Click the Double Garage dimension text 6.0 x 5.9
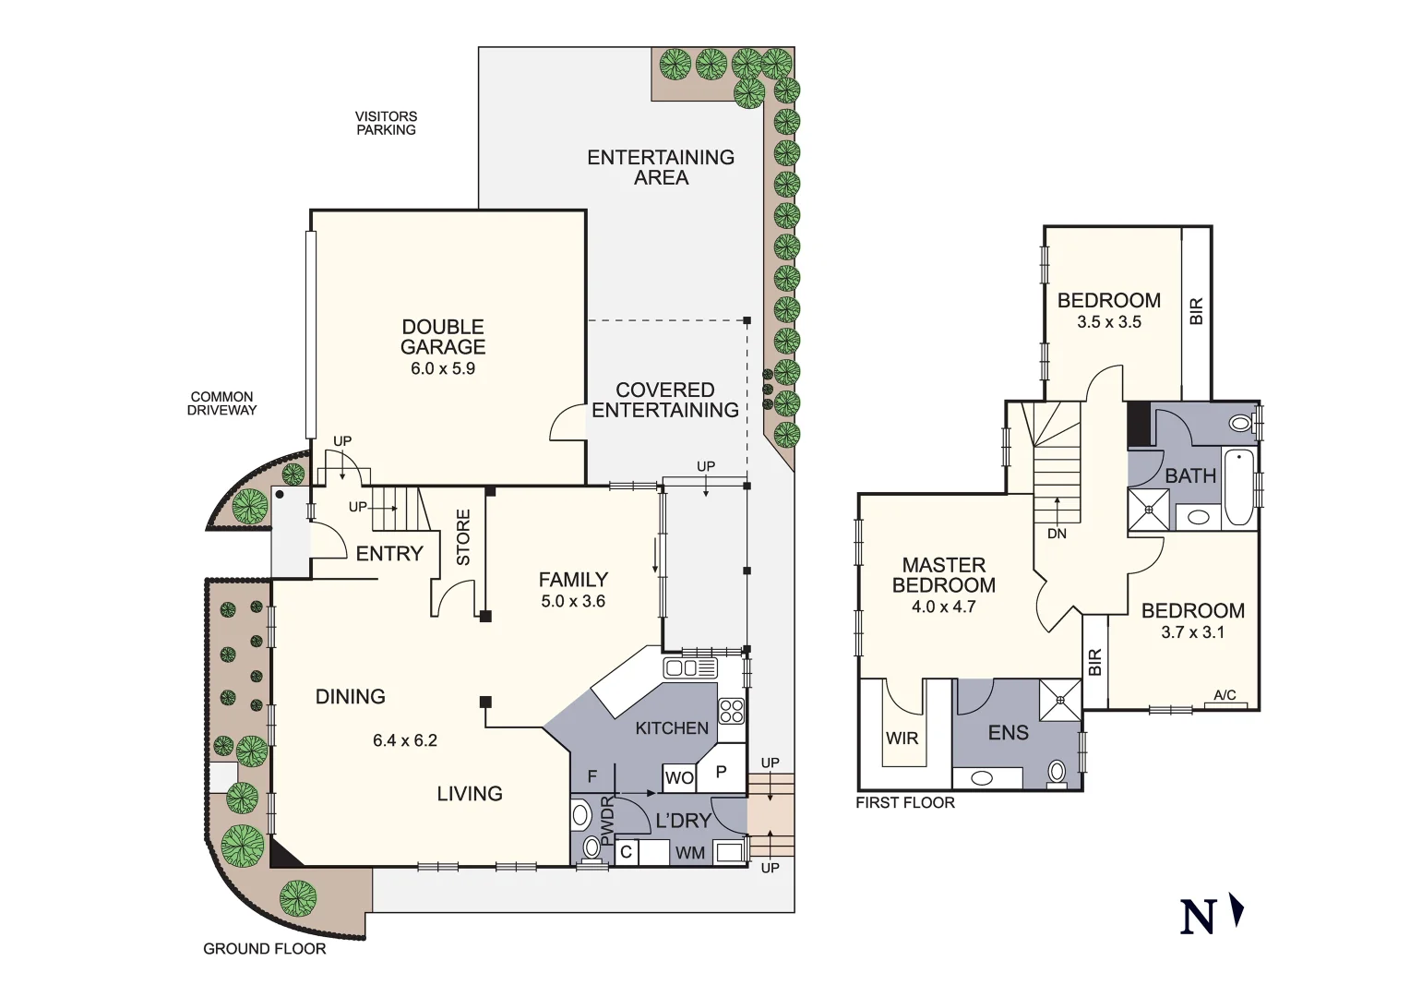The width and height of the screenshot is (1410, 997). tap(443, 368)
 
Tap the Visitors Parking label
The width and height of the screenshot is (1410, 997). tap(386, 123)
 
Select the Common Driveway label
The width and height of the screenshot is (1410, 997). tap(221, 403)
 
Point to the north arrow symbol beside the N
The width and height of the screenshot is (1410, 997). tap(1237, 911)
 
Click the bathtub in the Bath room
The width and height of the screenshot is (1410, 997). tap(1238, 486)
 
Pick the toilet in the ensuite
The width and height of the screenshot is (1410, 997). tap(1057, 772)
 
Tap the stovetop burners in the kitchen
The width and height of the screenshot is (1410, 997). tap(732, 711)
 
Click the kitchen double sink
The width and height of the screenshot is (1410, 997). tap(690, 667)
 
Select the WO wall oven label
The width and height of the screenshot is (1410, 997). tap(679, 778)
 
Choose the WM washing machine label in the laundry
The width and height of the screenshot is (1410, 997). tap(689, 853)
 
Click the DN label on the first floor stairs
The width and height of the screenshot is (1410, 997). tap(1057, 534)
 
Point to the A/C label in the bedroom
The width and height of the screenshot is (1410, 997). tap(1225, 695)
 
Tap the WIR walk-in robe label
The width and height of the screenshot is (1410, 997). tap(902, 739)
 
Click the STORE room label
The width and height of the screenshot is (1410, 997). tap(463, 537)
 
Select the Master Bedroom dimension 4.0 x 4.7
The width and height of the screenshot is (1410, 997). tap(943, 607)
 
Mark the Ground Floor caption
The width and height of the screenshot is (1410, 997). tap(265, 949)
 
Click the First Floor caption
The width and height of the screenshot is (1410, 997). tap(904, 803)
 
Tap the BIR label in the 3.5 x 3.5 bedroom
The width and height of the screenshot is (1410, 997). tap(1196, 311)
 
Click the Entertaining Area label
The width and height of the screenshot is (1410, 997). tap(661, 167)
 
